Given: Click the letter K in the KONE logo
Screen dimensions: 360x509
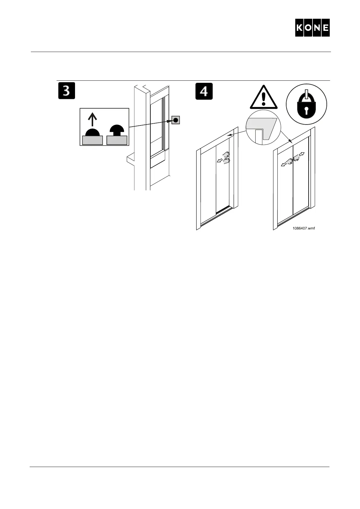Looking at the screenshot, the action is coord(299,28).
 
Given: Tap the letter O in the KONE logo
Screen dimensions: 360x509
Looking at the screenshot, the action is coord(308,28).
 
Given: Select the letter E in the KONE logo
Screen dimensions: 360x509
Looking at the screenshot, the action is coord(325,28).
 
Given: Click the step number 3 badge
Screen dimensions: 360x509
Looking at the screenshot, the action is coord(67,91).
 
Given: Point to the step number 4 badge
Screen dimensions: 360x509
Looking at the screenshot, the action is coord(204,91).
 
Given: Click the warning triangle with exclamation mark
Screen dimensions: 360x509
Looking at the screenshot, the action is coord(264,98).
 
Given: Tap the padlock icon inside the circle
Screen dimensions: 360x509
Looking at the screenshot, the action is coord(306,104).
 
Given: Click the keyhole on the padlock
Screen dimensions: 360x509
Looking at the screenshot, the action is coord(306,110).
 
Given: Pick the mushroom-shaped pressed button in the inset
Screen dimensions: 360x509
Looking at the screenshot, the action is coord(116,131).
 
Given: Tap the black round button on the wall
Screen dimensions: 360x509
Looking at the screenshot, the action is coord(175,120).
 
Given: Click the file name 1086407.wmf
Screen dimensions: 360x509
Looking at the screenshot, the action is coord(303,229).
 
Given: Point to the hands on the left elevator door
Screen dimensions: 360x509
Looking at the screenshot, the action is coord(226,157).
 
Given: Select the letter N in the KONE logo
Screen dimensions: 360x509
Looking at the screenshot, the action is coord(317,28).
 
